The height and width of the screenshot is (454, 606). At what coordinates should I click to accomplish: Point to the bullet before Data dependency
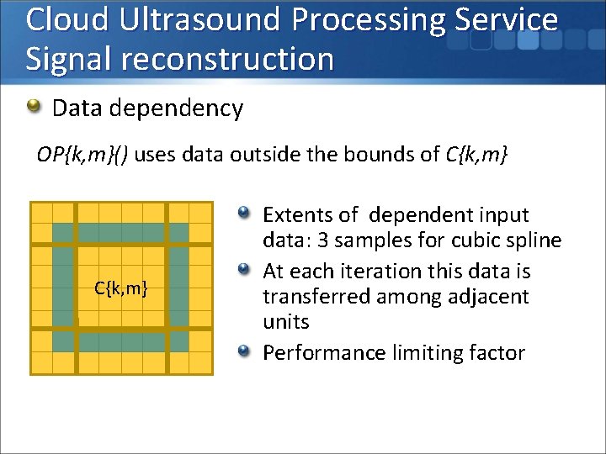tap(34, 107)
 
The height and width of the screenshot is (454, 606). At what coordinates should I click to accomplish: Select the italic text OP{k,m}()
tap(82, 155)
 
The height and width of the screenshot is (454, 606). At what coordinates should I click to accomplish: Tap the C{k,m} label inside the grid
tap(121, 289)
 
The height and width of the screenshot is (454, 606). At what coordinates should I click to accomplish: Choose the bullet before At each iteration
tap(244, 270)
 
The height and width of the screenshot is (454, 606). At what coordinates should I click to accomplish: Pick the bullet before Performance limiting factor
tap(244, 351)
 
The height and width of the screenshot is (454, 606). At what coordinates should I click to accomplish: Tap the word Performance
tap(324, 353)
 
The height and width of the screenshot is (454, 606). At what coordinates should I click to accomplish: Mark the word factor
tap(497, 353)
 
